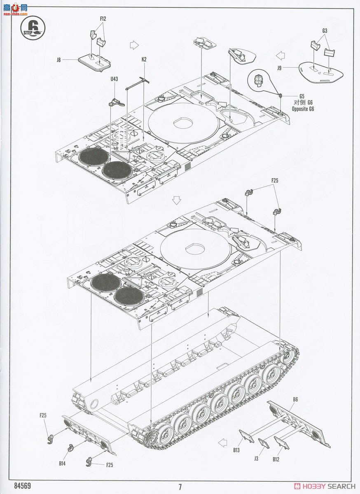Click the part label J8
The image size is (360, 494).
point(58,60)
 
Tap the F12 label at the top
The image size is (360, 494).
point(103,19)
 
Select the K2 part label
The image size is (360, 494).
point(144,59)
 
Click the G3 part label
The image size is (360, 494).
point(325,30)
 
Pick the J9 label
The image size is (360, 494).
point(279,68)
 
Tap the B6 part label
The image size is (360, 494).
point(295,399)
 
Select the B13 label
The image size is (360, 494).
point(236,450)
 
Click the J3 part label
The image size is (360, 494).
point(256,458)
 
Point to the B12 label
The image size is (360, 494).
point(276,459)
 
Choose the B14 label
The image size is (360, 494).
point(62,464)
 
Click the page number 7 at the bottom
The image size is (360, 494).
point(180,487)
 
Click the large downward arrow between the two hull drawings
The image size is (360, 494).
point(177,200)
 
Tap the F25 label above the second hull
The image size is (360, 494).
point(275,180)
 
